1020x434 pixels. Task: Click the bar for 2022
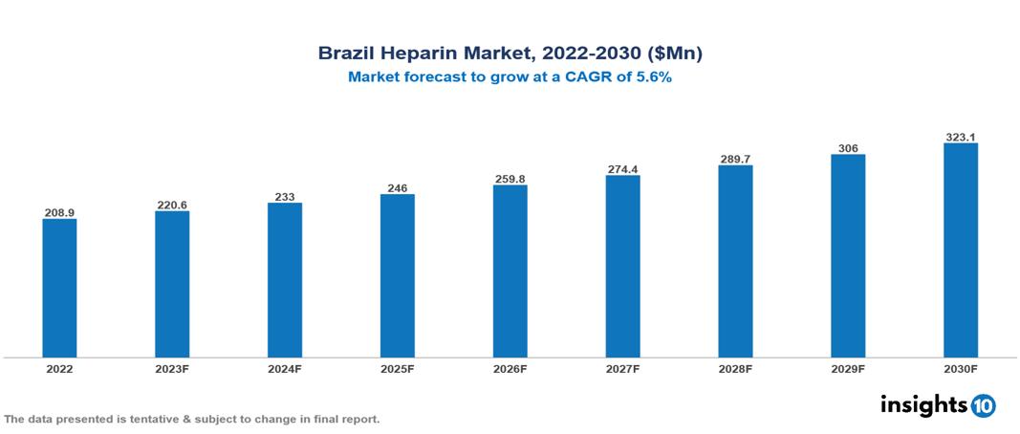(x=59, y=288)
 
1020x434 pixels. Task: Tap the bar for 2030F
(x=960, y=250)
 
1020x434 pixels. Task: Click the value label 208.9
(x=59, y=212)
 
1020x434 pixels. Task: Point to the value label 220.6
(x=172, y=205)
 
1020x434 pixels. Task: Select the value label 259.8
(x=510, y=178)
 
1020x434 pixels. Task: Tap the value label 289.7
(x=735, y=159)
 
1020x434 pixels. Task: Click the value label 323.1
(x=960, y=137)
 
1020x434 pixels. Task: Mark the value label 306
(x=848, y=148)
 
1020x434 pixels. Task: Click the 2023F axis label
(x=172, y=368)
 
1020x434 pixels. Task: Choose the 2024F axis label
(x=285, y=368)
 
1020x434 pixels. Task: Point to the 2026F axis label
(x=510, y=368)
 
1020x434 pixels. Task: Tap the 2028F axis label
(x=735, y=368)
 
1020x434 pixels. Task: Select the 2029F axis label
(x=848, y=368)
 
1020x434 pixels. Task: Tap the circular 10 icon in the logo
(x=983, y=405)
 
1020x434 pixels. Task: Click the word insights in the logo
(x=923, y=404)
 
